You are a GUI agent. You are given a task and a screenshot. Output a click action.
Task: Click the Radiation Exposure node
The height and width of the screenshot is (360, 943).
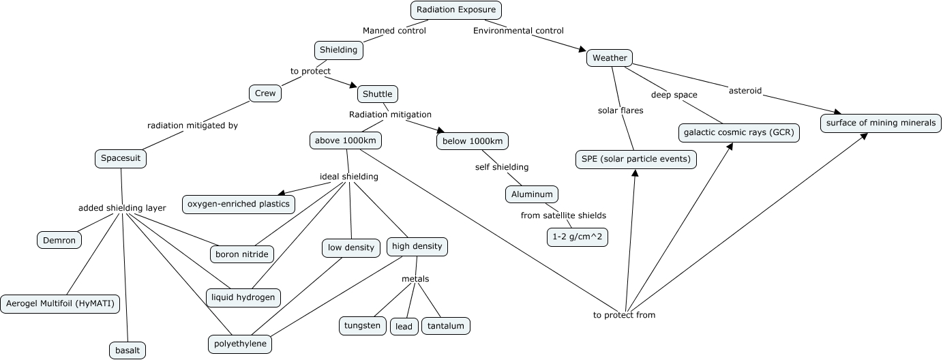[456, 10]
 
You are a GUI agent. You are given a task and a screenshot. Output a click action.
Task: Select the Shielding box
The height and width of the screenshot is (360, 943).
[338, 50]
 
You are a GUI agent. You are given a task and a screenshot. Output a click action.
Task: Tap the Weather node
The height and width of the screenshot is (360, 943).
[609, 58]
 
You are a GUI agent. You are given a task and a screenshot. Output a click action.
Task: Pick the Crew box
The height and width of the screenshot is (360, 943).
[265, 93]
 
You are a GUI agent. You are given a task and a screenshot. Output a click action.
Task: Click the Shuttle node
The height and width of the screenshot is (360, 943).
[377, 93]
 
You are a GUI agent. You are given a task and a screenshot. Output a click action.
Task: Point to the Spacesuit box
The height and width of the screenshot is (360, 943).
[121, 158]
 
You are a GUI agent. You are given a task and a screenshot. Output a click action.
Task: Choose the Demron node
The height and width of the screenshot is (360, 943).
[59, 240]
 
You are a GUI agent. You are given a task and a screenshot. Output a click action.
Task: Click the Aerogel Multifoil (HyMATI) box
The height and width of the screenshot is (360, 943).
[60, 303]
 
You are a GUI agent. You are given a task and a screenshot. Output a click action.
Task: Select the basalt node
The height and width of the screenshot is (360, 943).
[127, 350]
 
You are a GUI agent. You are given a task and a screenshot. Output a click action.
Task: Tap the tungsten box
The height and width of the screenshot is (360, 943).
[361, 326]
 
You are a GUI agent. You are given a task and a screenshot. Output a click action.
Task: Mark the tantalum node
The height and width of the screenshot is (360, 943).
[445, 326]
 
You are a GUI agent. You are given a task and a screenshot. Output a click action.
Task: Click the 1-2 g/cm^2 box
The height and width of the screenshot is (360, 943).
[578, 237]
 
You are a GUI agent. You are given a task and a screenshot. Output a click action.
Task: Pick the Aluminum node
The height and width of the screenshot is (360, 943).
[532, 194]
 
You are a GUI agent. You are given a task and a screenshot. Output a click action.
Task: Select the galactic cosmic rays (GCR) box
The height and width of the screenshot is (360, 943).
[738, 132]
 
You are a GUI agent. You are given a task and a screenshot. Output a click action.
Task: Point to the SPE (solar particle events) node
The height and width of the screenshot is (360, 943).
[635, 160]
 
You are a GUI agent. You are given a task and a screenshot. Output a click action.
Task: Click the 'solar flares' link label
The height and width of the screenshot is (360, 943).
[620, 110]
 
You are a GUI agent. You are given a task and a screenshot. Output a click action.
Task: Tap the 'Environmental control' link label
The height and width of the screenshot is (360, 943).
[518, 31]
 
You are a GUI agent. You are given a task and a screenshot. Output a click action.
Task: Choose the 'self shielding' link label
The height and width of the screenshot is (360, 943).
[502, 167]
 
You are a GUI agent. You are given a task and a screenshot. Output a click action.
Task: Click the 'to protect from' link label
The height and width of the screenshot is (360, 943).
[624, 315]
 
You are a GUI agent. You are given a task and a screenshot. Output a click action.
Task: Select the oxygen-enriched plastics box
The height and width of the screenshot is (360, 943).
[239, 203]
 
